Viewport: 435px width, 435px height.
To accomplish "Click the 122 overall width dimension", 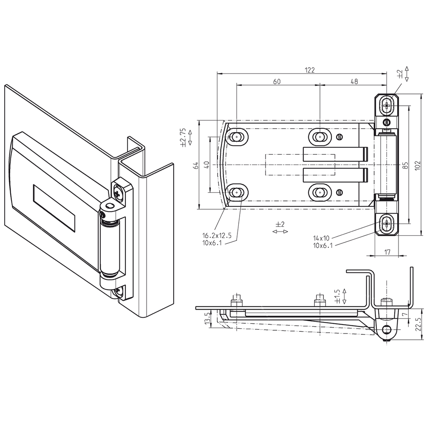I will pos(310,71).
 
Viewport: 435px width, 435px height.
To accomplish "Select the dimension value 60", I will pos(277,82).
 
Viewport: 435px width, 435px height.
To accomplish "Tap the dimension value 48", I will pos(353,82).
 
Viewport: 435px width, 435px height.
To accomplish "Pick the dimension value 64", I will pos(196,165).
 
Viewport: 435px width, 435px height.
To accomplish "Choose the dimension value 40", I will pos(206,165).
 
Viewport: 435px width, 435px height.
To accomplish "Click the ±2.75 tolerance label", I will pos(183,138).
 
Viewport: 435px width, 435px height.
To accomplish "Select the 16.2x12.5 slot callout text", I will pos(217,236).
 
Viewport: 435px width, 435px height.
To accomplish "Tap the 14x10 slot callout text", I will pos(323,238).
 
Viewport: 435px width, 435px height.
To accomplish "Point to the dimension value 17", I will pos(387,252).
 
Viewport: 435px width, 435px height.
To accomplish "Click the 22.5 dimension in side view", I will pos(418,324).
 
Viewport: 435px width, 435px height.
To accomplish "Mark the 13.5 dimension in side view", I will pos(207,318).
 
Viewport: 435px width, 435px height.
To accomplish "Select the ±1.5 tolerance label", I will pos(337,297).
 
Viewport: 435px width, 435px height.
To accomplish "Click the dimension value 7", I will pos(404,314).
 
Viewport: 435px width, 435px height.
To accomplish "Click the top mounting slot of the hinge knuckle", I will pos(387,105).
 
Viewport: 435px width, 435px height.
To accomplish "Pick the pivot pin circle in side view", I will pos(387,329).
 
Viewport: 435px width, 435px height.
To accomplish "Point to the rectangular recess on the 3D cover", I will pos(54,208).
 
